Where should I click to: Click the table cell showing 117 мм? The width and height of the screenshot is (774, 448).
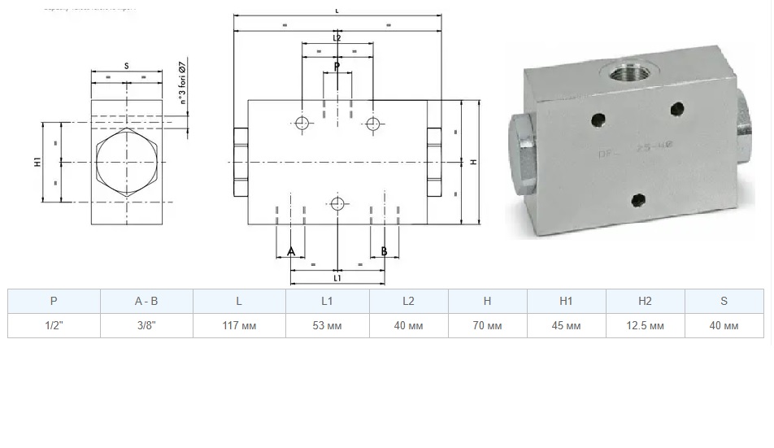(x=239, y=326)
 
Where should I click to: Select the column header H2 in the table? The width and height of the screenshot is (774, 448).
(x=645, y=301)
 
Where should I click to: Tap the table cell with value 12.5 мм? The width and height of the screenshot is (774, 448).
(x=645, y=326)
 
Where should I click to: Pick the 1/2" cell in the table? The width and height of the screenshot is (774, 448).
(x=54, y=326)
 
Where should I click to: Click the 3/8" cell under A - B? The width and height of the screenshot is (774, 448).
(x=146, y=326)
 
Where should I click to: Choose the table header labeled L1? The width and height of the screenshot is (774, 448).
(x=327, y=301)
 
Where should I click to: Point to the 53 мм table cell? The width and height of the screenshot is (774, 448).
(x=327, y=326)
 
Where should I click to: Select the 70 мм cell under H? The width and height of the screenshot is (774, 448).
(x=487, y=326)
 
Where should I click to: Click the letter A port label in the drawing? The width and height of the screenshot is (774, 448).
(x=291, y=252)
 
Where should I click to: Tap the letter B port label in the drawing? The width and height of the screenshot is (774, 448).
(x=385, y=252)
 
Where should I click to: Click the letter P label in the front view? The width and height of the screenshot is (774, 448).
(x=337, y=66)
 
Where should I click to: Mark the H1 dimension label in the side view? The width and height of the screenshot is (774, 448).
(x=37, y=163)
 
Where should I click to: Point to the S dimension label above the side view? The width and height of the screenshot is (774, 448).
(x=127, y=65)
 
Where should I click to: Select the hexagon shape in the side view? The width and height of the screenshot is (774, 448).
(x=127, y=162)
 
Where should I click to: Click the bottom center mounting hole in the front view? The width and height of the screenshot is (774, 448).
(x=337, y=203)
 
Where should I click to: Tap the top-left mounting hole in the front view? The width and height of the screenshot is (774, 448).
(x=302, y=124)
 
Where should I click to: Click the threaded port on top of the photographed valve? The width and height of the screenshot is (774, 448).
(x=628, y=77)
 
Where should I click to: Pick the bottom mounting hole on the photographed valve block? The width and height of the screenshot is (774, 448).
(x=639, y=198)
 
